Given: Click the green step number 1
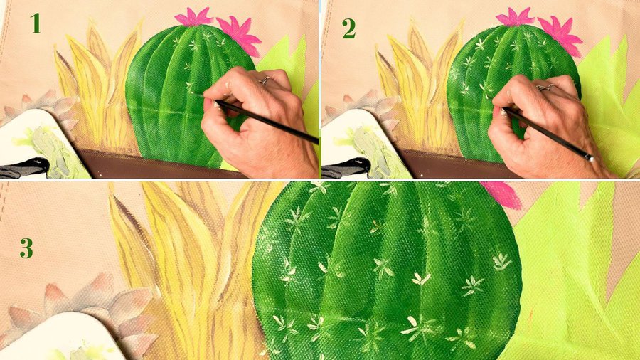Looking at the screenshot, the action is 35,23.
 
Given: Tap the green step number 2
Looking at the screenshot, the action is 349,28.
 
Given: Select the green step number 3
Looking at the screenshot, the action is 26,248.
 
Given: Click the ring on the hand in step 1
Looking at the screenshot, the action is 265,80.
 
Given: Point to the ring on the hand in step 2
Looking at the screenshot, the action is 545,87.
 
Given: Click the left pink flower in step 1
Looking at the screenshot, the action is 193,18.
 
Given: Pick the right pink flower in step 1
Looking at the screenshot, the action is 241,35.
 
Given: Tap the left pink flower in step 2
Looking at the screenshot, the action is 515,18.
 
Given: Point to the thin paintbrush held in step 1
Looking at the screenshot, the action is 261,120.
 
